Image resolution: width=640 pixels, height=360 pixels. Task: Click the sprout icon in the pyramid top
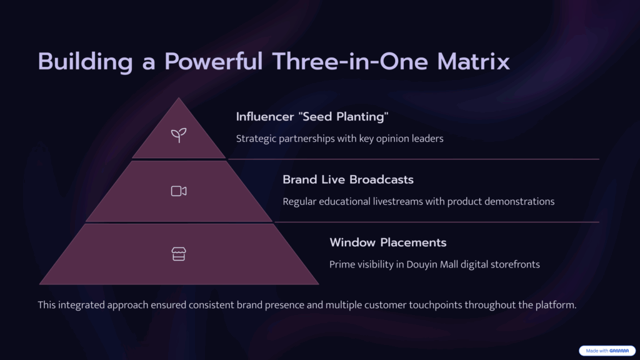[179, 135]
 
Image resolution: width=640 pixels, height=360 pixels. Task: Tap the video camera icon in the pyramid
[179, 191]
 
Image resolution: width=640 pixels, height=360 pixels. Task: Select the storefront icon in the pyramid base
[179, 254]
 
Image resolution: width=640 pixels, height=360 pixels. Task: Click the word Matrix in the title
[473, 62]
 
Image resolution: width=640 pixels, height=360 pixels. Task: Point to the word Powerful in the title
[214, 62]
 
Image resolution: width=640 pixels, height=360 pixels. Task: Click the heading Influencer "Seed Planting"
[312, 117]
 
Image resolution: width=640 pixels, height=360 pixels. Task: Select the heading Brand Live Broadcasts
[348, 179]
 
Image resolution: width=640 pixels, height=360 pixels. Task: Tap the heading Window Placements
[388, 242]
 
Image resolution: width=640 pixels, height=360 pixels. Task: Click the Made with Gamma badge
[607, 351]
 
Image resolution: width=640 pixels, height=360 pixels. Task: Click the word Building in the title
[85, 62]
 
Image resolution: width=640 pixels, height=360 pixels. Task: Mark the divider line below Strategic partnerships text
[414, 159]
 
